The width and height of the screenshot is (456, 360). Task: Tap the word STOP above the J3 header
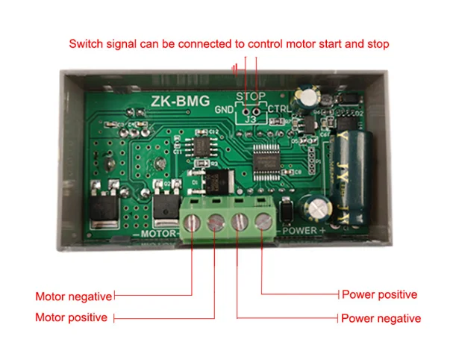[x=250, y=97]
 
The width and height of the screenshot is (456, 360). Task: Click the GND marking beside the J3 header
[x=224, y=110]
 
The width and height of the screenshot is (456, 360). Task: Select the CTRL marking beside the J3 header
[x=279, y=110]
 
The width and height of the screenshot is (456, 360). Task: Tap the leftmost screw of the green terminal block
[x=193, y=222]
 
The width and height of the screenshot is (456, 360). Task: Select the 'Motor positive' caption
[x=71, y=317]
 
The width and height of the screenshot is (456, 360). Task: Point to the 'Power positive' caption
[x=379, y=294]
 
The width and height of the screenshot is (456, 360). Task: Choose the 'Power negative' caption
[x=381, y=318]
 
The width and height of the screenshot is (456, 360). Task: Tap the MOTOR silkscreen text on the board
[x=157, y=234]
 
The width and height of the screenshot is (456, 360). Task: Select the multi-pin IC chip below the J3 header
[x=265, y=162]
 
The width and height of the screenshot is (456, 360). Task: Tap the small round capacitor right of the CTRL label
[x=304, y=99]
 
